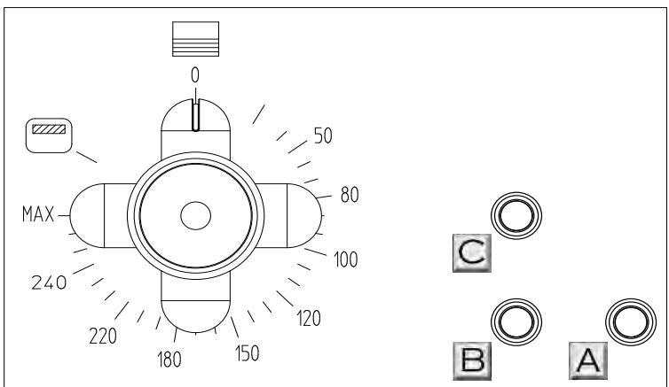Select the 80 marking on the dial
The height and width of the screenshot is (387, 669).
pos(349,195)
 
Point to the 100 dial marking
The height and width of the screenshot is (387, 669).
pos(344,259)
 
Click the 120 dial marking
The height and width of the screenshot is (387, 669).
pos(308,318)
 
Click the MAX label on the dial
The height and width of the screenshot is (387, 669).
pos(38,213)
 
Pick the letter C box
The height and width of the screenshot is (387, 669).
pos(470,254)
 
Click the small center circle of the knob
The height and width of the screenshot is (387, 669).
pos(194,214)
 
